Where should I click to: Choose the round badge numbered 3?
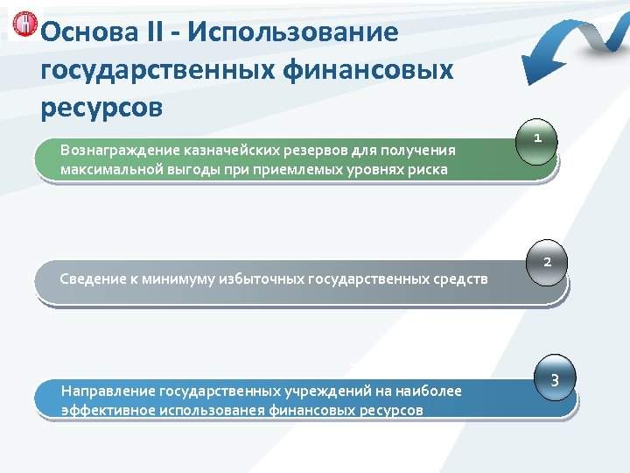click(554, 380)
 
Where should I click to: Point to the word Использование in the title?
click(292, 32)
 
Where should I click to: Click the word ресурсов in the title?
click(101, 107)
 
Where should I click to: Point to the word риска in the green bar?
click(427, 169)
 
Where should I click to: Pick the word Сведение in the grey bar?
click(92, 279)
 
